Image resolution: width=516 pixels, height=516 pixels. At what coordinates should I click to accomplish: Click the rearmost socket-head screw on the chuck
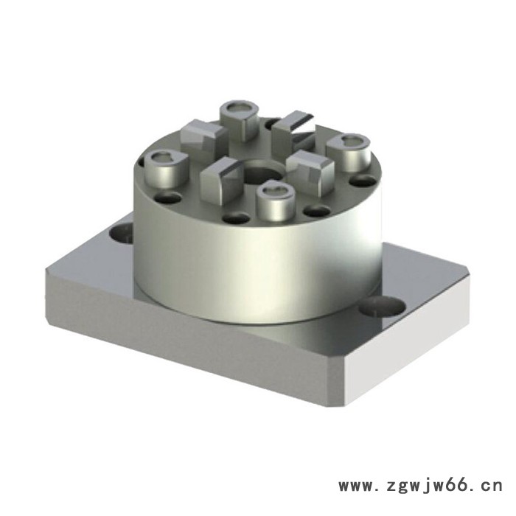[240, 117]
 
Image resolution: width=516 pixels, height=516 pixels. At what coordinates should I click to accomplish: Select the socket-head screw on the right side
[346, 151]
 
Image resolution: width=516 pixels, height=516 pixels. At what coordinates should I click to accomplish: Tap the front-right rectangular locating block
[307, 170]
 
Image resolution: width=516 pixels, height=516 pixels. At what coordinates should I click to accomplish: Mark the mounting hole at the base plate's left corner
[122, 235]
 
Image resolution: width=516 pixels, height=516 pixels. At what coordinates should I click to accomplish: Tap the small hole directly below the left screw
[169, 198]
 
